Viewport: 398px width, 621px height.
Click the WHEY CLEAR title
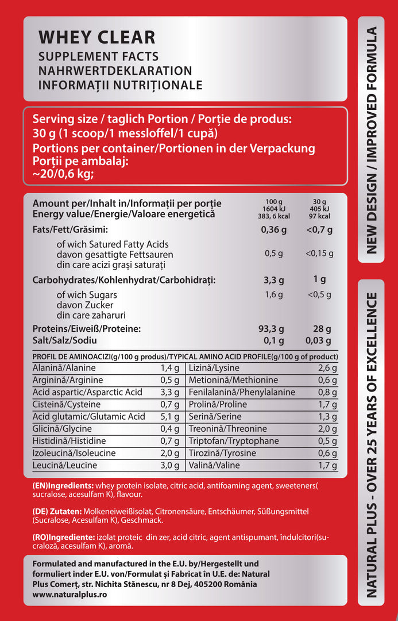[x=96, y=37]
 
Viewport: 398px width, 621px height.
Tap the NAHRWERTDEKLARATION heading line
[x=115, y=71]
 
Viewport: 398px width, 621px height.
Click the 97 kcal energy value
[x=319, y=216]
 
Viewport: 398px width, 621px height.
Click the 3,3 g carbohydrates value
[x=274, y=281]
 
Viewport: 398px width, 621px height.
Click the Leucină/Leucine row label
[x=65, y=465]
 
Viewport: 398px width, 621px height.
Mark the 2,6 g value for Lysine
[x=327, y=368]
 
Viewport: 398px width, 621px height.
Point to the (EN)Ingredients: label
[x=63, y=485]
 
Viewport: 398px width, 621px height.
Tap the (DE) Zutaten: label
[x=57, y=511]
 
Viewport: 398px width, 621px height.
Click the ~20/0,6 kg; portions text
[x=63, y=174]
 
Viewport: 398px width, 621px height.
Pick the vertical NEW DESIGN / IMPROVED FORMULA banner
[x=371, y=140]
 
